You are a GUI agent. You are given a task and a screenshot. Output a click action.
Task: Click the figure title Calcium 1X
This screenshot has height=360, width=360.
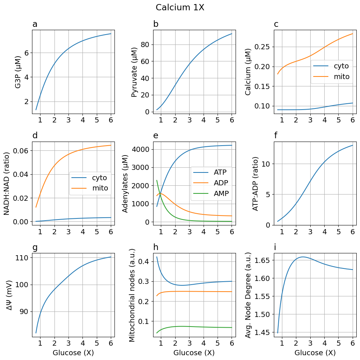point(180,7)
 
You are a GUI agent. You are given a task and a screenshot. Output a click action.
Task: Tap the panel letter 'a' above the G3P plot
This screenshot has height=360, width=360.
point(35,25)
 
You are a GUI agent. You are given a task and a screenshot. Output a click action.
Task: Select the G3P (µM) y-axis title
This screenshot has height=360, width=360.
point(18,72)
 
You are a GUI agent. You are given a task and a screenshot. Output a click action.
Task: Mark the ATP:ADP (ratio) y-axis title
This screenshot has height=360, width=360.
point(255,183)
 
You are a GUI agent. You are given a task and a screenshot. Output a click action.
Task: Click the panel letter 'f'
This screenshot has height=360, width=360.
point(276,136)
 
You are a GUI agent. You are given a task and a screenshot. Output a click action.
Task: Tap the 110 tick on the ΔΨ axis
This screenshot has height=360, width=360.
point(22,258)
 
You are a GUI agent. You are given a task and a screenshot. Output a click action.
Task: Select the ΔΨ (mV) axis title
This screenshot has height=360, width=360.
point(10,295)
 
